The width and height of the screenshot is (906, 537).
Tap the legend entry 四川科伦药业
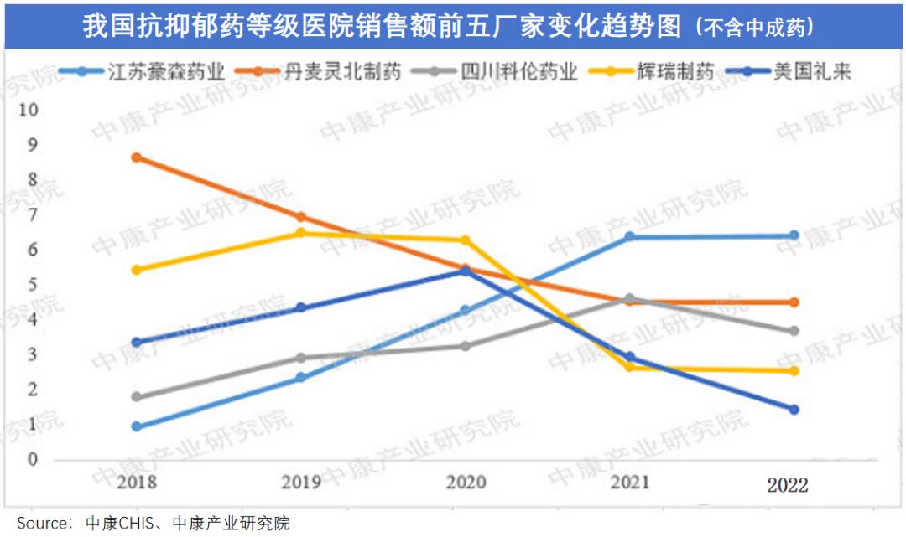pos(519,71)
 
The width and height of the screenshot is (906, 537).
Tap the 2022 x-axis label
pos(788,484)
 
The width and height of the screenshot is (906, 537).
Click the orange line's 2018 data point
pos(137,157)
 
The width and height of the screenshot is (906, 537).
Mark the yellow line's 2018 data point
pos(137,270)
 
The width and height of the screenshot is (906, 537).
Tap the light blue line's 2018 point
pos(137,426)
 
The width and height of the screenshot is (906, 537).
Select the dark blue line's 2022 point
pos(793,410)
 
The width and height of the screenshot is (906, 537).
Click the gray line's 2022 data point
pos(793,331)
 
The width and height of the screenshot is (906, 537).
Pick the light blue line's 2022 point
pos(793,235)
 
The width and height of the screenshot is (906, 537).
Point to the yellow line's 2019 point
pos(300,233)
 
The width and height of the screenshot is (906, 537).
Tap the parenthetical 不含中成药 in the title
pos(754,28)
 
